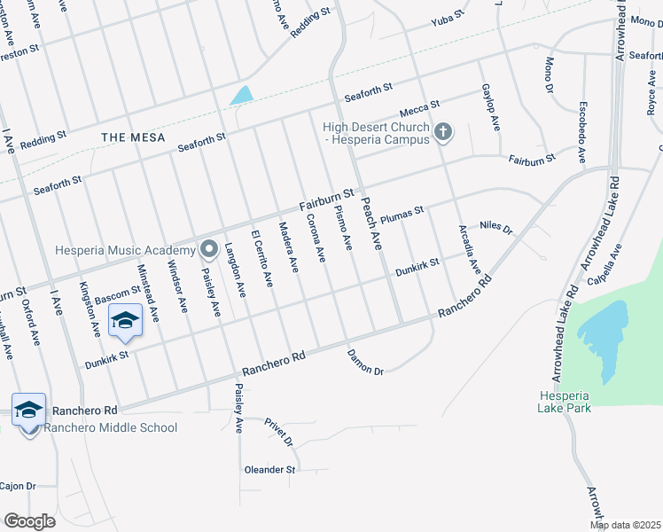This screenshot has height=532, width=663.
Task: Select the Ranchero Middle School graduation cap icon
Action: point(28,409)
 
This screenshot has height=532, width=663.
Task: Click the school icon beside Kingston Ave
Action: point(125,320)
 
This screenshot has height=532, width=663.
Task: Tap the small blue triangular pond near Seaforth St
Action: point(240,95)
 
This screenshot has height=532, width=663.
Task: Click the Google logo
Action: point(29,520)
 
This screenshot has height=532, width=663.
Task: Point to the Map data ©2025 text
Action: point(624,525)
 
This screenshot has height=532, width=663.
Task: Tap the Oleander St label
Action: point(269,469)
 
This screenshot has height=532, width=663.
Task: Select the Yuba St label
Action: point(448,18)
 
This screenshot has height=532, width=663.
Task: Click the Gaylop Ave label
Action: point(489,107)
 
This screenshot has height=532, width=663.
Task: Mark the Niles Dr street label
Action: point(495,229)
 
